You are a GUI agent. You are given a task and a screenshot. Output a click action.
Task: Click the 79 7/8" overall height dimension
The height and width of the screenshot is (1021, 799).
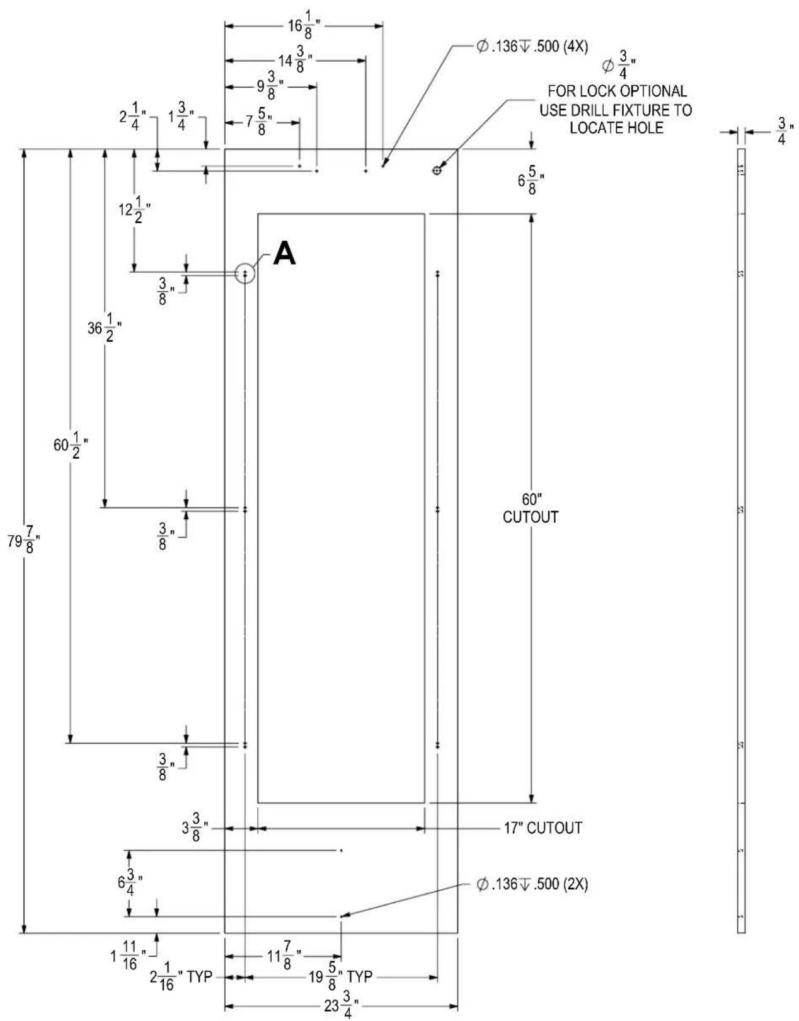tap(23, 542)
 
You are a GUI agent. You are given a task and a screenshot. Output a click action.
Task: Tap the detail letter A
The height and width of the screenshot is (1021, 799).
tap(285, 253)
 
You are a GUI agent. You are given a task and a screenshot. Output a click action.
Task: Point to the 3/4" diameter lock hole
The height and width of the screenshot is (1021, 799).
tap(437, 170)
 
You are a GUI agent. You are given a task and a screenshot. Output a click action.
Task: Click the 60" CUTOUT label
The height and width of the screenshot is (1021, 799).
tap(531, 508)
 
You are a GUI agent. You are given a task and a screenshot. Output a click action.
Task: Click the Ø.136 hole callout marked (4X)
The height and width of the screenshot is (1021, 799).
tap(532, 47)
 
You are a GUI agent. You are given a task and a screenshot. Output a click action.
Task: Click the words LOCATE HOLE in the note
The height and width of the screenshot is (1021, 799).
tap(617, 127)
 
